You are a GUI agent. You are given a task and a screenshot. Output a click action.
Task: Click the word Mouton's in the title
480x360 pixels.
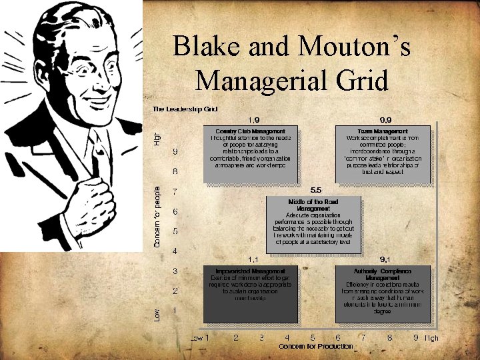pos(353,46)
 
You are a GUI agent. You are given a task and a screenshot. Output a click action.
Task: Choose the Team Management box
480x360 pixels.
pos(383,154)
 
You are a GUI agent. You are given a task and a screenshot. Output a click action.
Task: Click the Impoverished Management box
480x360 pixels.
pos(250,293)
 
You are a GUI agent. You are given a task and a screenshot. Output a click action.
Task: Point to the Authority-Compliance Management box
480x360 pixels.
pos(383,293)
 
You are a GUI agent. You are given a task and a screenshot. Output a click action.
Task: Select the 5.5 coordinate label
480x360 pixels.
pos(316,190)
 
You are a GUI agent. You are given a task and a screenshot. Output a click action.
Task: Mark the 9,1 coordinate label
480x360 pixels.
pos(385,259)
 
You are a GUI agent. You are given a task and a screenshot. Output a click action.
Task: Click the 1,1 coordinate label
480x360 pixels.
pos(253,259)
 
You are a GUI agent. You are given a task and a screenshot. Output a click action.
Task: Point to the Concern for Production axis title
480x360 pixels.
pos(316,347)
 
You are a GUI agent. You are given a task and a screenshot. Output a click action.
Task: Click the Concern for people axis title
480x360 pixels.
pos(157,216)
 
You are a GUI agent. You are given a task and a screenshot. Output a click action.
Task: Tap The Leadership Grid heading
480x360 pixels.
pos(185,108)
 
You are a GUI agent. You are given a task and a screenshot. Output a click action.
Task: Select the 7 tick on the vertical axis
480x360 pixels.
pos(175,192)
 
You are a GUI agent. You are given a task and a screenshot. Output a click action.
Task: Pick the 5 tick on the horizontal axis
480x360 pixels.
pos(313,338)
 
